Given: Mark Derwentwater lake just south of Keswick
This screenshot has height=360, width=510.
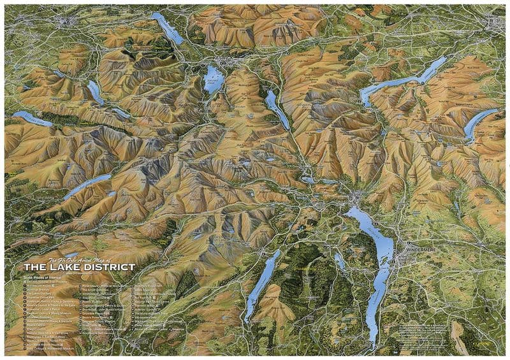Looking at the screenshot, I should click(x=214, y=80).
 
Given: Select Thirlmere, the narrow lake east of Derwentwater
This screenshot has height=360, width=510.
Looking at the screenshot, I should click(x=277, y=108).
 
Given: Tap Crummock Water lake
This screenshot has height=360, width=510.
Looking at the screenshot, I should click(x=95, y=92).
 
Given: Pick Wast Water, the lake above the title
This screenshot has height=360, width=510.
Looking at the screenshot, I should click(x=86, y=185).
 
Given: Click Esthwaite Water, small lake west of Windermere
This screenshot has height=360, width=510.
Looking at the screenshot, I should click(x=340, y=262).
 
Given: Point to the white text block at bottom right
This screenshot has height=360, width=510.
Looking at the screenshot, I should click(x=424, y=331).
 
